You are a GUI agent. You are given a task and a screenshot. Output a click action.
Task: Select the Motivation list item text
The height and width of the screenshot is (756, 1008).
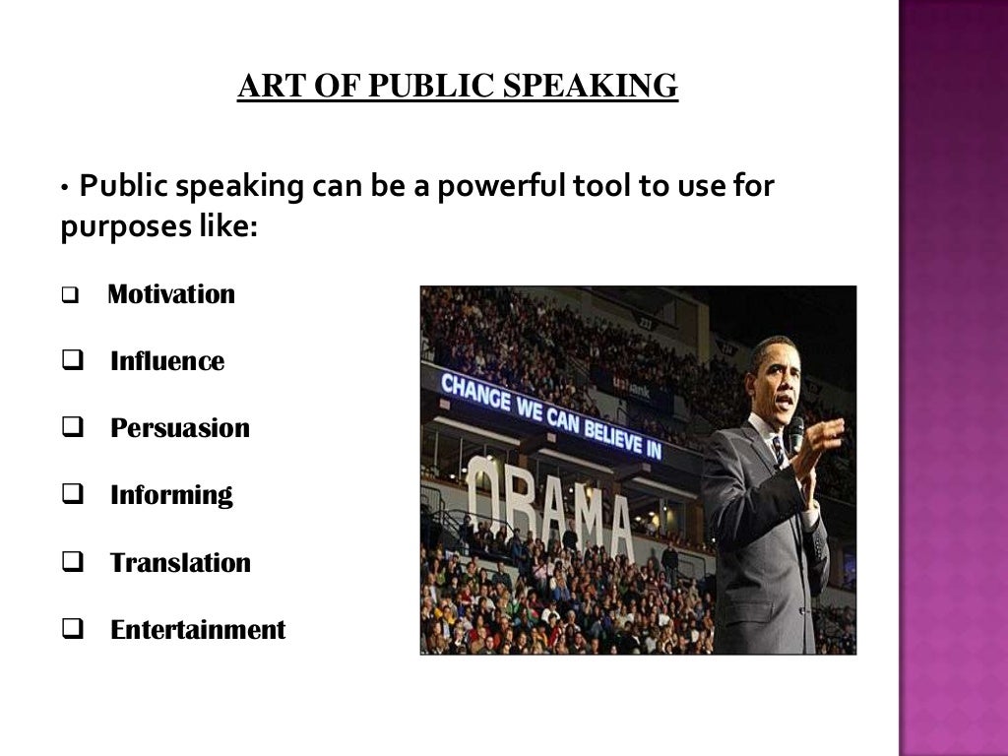tap(171, 294)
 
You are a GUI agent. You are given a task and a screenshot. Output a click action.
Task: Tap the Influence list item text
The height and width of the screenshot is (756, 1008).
tap(167, 361)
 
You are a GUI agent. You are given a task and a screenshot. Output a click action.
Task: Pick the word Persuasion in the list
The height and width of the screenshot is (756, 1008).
tap(180, 428)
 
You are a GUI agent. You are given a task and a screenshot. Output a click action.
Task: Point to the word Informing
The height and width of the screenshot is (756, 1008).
tap(171, 495)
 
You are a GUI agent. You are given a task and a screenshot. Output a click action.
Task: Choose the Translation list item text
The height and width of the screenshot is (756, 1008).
tap(180, 562)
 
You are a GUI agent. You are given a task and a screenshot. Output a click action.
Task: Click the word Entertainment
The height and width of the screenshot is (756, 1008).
tap(198, 629)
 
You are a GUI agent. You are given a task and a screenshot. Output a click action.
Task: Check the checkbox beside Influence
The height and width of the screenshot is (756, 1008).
tap(70, 362)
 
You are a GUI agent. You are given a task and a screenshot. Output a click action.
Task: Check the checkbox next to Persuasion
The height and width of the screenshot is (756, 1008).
tap(70, 429)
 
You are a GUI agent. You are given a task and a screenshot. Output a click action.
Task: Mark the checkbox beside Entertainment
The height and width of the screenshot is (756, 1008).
tap(70, 630)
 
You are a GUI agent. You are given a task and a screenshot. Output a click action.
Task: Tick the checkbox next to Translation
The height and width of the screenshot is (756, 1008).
tap(70, 563)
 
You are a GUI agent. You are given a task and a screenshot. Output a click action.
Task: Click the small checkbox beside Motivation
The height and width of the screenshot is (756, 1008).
tap(69, 295)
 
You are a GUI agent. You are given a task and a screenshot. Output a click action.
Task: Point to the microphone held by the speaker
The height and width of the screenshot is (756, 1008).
tap(795, 433)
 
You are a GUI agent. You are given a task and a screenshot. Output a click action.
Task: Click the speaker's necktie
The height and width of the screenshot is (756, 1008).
tap(778, 450)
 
